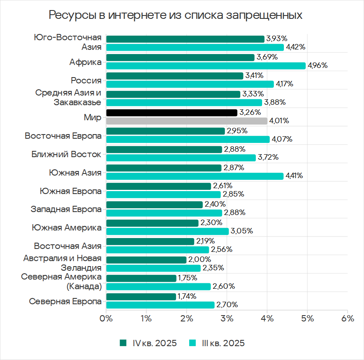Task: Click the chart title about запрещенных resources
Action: pos(176,15)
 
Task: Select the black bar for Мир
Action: pos(172,113)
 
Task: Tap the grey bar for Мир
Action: pos(187,121)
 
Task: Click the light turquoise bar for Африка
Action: pos(206,66)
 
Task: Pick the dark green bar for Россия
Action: pos(175,76)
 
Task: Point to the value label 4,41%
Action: pos(294,176)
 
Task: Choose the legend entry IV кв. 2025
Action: pos(148,343)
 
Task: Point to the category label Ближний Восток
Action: pos(66,154)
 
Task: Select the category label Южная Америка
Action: pos(66,228)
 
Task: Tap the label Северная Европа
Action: pos(65,302)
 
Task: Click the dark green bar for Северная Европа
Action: pos(141,297)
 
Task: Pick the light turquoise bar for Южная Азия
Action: pos(195,176)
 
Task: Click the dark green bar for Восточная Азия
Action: pos(150,241)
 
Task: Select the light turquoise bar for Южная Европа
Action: pos(164,194)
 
